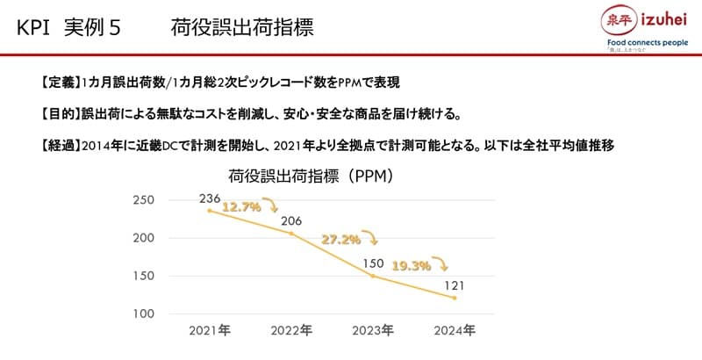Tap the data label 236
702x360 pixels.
(209, 198)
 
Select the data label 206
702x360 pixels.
(291, 220)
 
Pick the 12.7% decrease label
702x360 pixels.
(240, 208)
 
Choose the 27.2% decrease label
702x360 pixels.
(340, 238)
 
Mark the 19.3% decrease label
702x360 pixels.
(411, 264)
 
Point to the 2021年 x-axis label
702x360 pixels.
(209, 331)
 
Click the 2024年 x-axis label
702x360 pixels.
(455, 331)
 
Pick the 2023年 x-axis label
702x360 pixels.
(373, 331)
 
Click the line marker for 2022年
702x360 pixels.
(291, 234)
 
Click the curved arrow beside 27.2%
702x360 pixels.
(372, 237)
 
